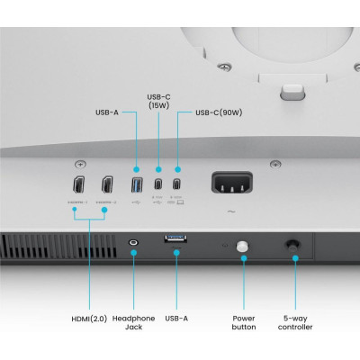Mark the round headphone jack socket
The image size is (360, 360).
point(134,242)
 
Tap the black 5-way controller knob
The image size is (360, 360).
point(292,245)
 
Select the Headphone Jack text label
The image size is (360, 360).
point(134,322)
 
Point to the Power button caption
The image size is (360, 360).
point(244,322)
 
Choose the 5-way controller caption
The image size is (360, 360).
point(295,322)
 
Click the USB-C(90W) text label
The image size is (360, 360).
point(219,113)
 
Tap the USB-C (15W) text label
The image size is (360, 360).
point(158,101)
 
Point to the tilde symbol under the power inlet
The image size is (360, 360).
point(232,212)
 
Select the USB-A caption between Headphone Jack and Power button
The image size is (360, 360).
point(177,318)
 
